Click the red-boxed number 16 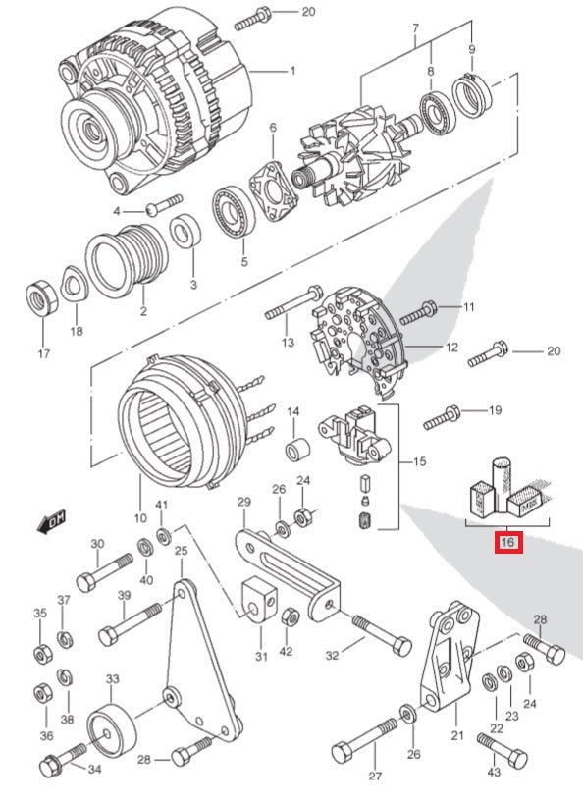click(x=507, y=542)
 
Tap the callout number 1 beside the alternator click(x=292, y=71)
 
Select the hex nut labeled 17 click(x=41, y=297)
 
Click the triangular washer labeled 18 click(x=75, y=284)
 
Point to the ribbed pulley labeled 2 click(x=127, y=260)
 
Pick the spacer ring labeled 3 click(x=185, y=232)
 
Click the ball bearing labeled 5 click(x=234, y=212)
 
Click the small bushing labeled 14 click(x=298, y=450)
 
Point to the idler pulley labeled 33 click(x=111, y=730)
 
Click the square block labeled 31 click(x=259, y=599)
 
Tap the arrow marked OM click(x=52, y=521)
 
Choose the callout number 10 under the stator click(x=140, y=518)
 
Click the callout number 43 click(x=494, y=772)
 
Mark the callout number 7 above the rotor click(x=415, y=28)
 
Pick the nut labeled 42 click(x=291, y=617)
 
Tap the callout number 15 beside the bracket click(x=419, y=461)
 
